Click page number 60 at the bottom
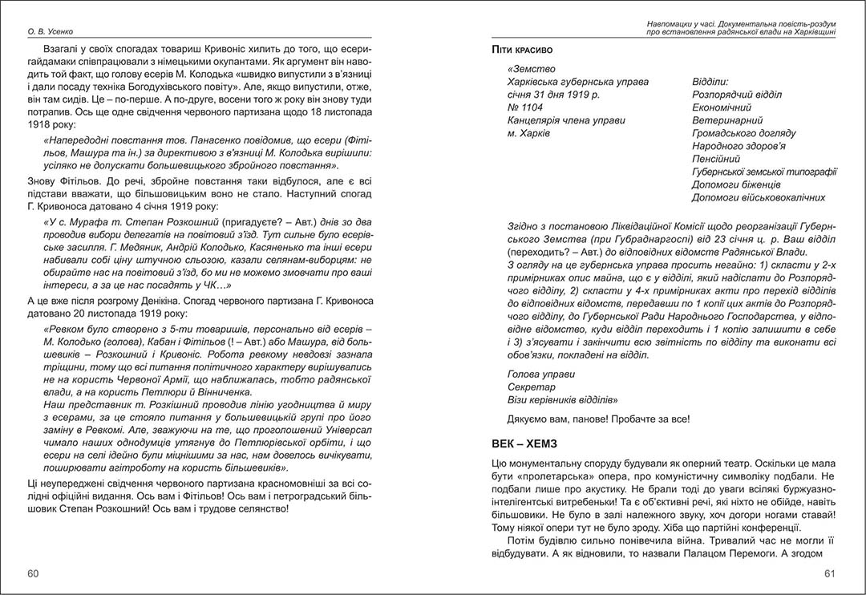[x=33, y=573]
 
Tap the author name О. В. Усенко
[x=51, y=32]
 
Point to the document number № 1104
[x=526, y=107]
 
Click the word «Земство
[x=532, y=69]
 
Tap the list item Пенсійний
[x=719, y=159]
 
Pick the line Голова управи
[x=541, y=374]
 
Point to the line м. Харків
[x=529, y=133]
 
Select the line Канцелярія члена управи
[x=566, y=120]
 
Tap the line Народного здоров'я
[x=739, y=146]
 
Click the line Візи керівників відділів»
[x=565, y=400]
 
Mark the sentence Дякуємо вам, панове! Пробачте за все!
[x=599, y=419]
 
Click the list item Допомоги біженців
[x=736, y=184]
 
